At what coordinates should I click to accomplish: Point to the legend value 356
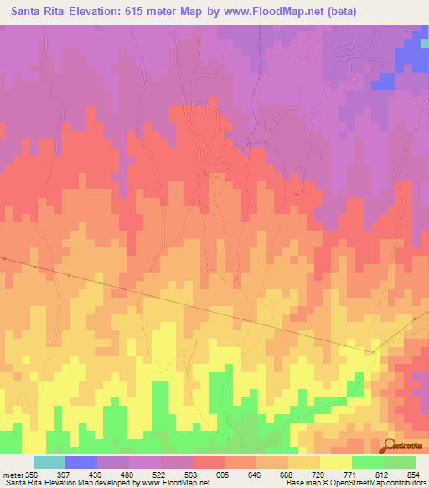point(31,475)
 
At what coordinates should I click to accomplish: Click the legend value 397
point(65,475)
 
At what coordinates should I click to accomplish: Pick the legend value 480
point(129,475)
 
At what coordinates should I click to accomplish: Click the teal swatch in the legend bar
point(49,462)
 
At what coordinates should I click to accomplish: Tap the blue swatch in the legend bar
point(81,462)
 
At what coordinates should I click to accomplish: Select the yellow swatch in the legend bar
point(335,462)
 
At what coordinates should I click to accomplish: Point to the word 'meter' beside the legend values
point(11,475)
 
